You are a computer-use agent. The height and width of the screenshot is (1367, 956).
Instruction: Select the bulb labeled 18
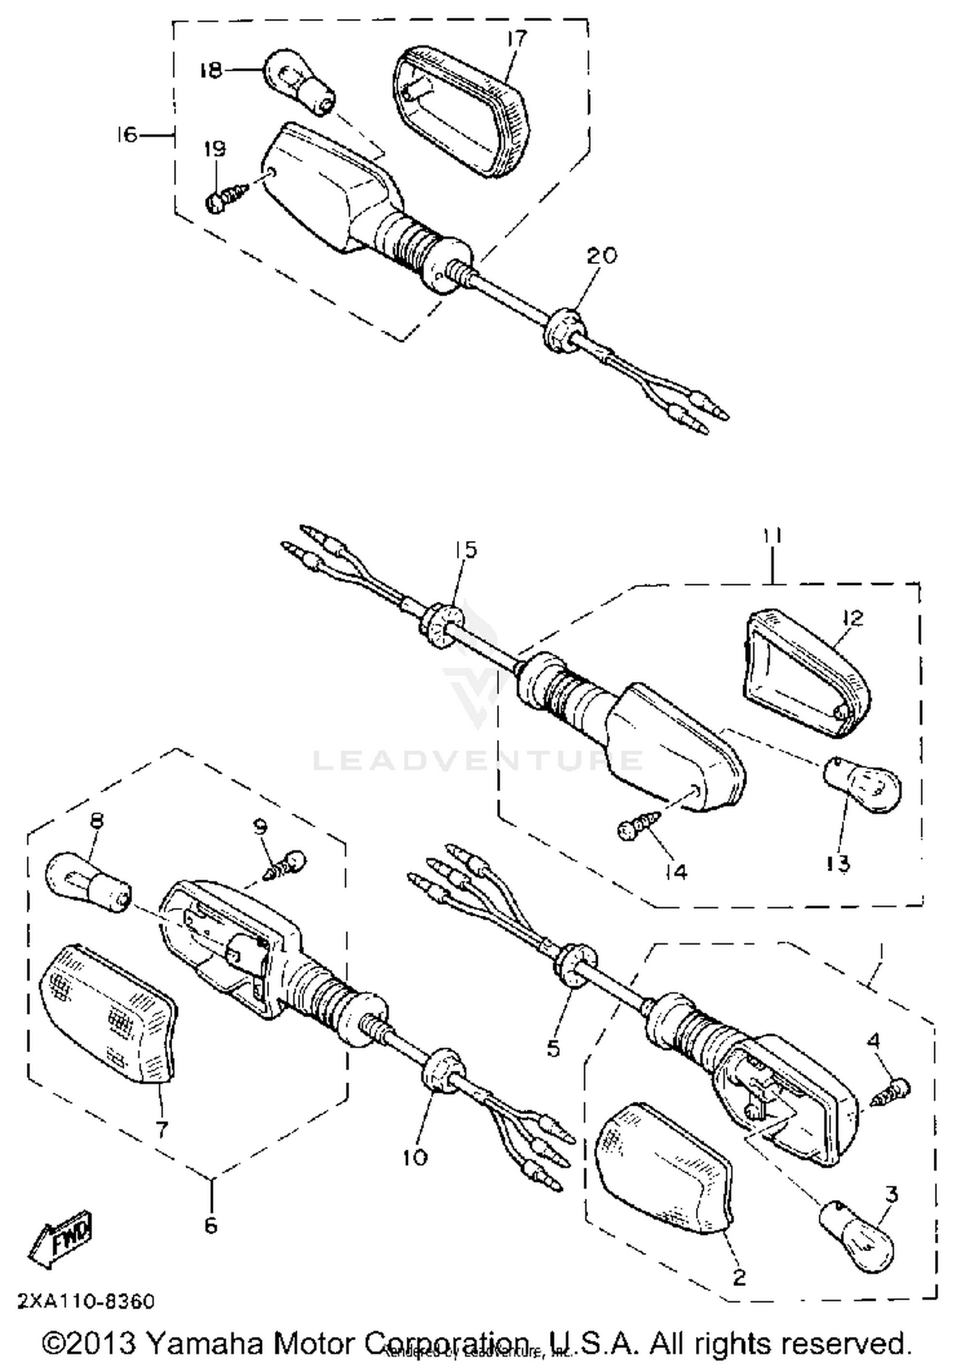tap(299, 83)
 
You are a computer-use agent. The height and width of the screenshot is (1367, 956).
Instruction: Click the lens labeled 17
tap(458, 111)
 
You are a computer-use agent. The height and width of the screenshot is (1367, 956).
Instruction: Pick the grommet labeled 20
tap(561, 330)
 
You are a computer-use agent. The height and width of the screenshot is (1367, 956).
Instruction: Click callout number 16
tap(127, 134)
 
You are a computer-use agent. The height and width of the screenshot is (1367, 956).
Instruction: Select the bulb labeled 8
tap(87, 883)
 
